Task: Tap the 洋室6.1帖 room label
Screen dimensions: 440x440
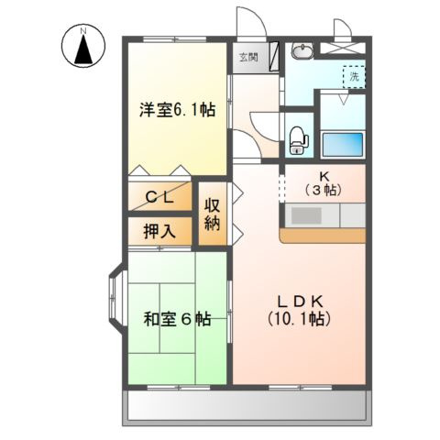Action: tap(177, 109)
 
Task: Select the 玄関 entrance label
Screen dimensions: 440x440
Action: tap(248, 56)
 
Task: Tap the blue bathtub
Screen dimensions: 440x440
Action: tap(343, 145)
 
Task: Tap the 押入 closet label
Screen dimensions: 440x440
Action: tap(160, 231)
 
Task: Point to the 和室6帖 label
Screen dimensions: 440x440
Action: tap(177, 320)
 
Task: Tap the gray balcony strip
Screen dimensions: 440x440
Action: tap(247, 404)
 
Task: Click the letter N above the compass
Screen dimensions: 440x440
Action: tap(82, 29)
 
